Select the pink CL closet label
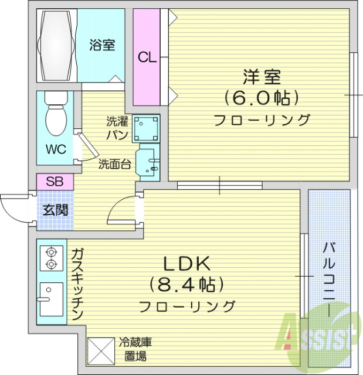pos(147,57)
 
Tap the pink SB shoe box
pos(55,182)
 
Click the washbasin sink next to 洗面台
pos(147,163)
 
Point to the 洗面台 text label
pos(114,164)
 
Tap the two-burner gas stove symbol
pos(51,258)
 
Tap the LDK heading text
pos(186,262)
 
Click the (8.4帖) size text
pos(187,285)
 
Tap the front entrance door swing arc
pos(13,208)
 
